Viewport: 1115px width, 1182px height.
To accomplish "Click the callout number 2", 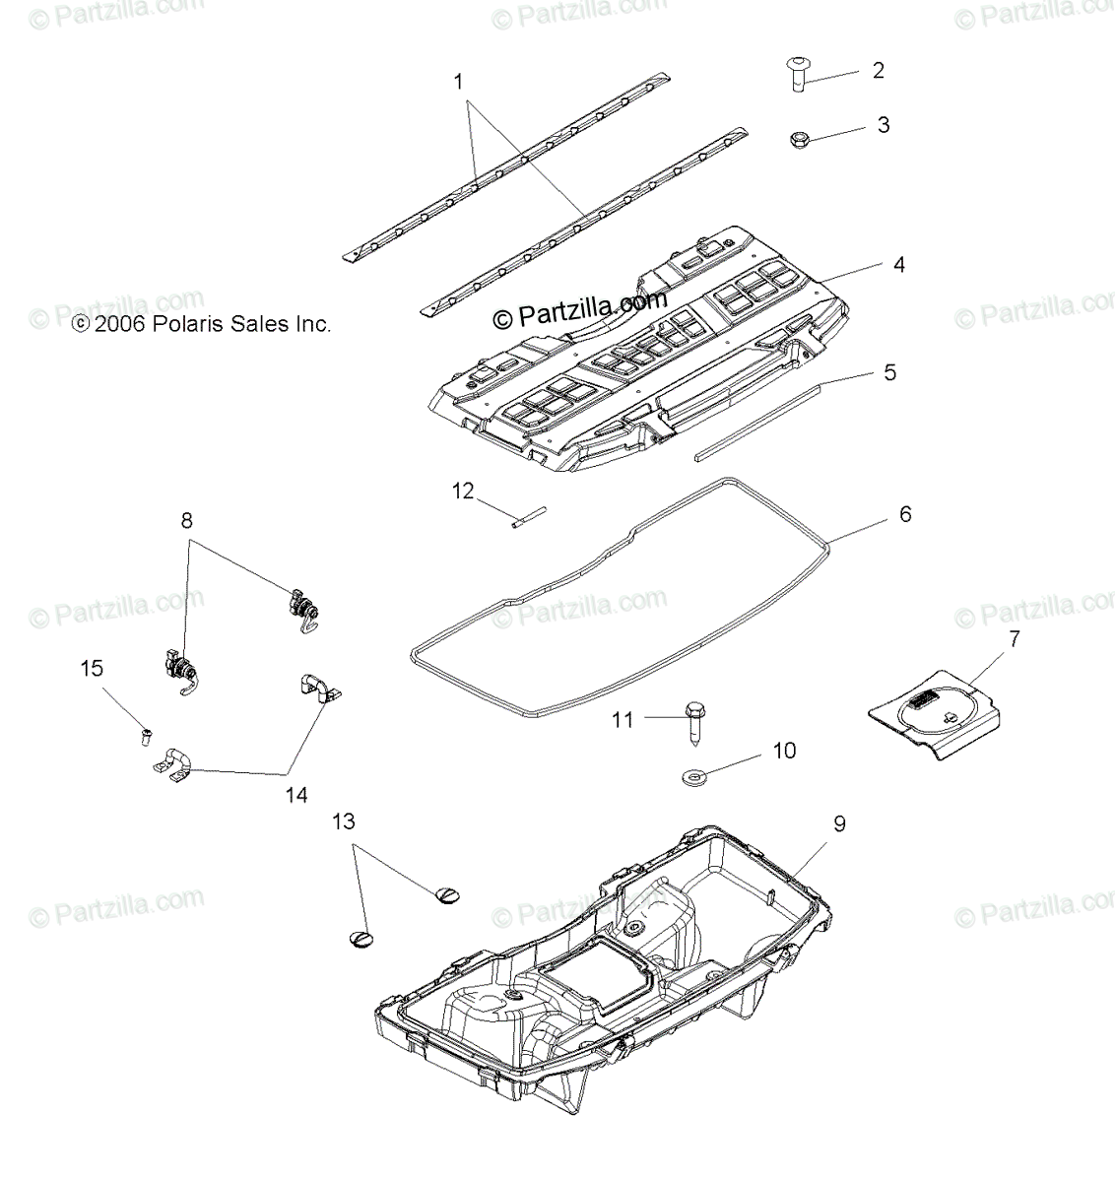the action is [878, 71].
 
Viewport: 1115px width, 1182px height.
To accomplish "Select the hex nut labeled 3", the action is [800, 140].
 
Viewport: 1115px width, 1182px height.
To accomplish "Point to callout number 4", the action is [898, 265].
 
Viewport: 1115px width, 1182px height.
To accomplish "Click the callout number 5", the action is [889, 373].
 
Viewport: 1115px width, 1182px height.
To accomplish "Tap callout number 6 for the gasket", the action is [904, 515].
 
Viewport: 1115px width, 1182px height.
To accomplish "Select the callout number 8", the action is [187, 522].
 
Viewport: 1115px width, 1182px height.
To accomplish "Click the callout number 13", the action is [344, 821].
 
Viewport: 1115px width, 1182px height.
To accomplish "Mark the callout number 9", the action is [839, 823].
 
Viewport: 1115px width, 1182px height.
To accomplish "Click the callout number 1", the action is [458, 82].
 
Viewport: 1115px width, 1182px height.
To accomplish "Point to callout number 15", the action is [92, 669].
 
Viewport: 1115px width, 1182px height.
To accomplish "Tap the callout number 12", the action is [463, 490].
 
